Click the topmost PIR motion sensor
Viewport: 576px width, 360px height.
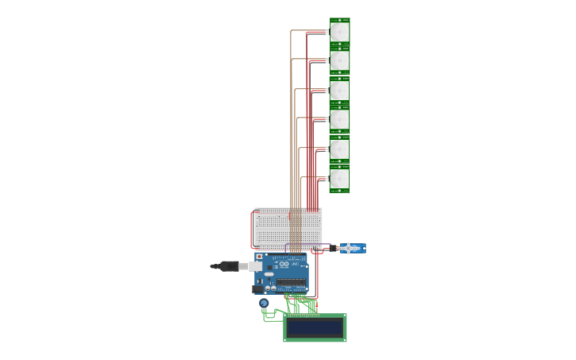pos(339,32)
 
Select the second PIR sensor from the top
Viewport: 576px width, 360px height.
pos(339,61)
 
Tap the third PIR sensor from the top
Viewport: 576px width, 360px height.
pos(339,91)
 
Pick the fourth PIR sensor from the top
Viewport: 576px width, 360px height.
pos(339,120)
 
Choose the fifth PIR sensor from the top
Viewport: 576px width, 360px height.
pos(339,149)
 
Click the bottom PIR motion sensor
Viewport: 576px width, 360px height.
pos(339,179)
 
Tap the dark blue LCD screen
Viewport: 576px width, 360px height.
pos(315,327)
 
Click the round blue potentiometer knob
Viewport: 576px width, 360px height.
pos(264,303)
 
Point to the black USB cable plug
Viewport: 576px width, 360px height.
pos(228,266)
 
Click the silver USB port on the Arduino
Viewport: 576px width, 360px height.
pos(256,266)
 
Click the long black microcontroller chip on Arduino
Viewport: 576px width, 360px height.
pos(292,282)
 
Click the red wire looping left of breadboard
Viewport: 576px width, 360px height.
pos(252,230)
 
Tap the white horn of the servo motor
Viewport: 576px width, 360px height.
pos(348,248)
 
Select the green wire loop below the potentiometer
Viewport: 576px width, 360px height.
pos(270,319)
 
